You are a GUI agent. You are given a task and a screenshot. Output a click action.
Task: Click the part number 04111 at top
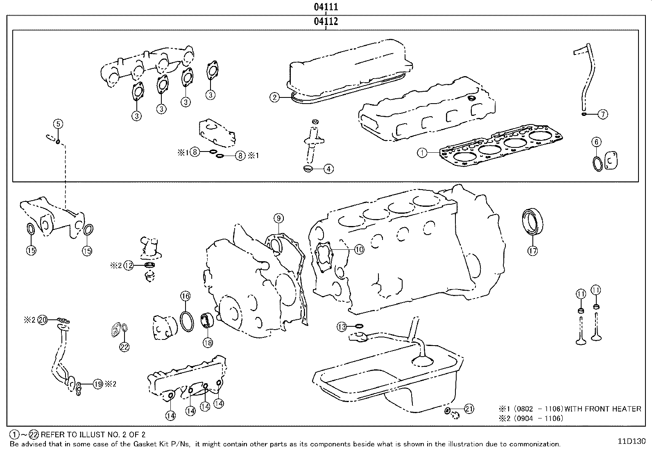[x=326, y=7]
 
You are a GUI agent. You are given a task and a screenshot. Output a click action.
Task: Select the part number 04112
[x=326, y=21]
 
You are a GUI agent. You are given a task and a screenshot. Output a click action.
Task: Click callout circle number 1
[x=422, y=153]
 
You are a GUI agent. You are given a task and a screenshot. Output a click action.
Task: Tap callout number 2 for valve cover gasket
[x=274, y=97]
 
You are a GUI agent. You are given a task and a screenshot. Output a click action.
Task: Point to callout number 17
[x=532, y=251]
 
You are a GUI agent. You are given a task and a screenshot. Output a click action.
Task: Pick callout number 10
[x=359, y=249]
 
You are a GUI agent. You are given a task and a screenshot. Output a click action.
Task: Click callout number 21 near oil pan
[x=469, y=409]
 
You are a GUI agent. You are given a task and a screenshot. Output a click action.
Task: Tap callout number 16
[x=185, y=296]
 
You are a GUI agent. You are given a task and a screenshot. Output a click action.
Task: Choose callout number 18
[x=208, y=342]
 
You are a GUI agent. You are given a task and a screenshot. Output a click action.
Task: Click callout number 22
[x=124, y=346]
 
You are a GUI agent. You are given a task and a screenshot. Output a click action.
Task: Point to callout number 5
[x=58, y=124]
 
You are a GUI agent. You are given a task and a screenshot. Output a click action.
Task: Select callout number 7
[x=603, y=114]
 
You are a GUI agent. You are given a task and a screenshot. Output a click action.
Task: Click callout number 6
[x=597, y=142]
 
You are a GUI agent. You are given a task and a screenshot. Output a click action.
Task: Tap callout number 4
[x=328, y=168]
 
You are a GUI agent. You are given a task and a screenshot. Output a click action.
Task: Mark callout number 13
[x=342, y=326]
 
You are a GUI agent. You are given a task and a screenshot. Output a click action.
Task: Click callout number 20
[x=43, y=320]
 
